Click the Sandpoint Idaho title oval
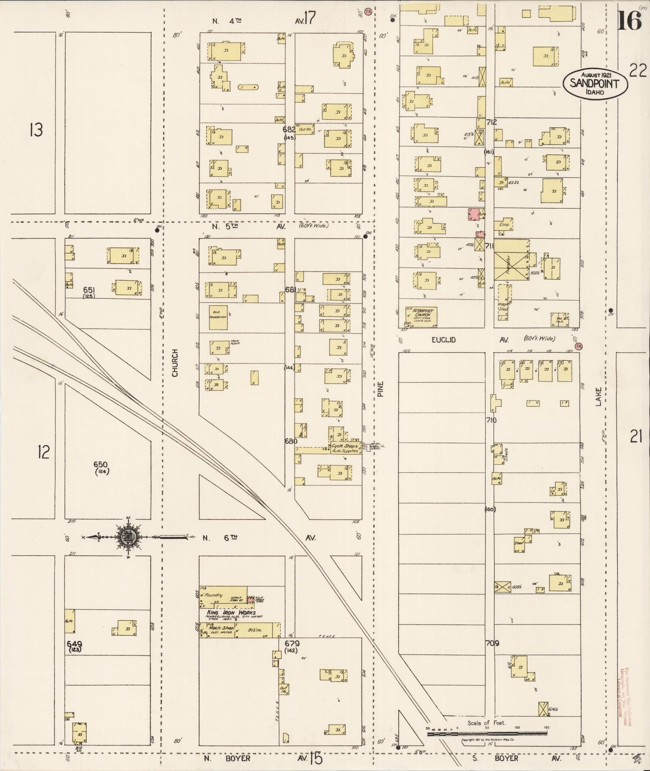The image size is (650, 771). (x=594, y=83)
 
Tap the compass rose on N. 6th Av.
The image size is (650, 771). (x=129, y=536)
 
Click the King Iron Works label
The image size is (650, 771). (x=231, y=612)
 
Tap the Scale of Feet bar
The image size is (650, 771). (x=487, y=733)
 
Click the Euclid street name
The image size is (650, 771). (x=444, y=340)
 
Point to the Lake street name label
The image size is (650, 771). (x=598, y=398)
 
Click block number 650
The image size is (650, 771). (x=102, y=464)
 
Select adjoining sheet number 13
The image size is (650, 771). (x=36, y=130)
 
